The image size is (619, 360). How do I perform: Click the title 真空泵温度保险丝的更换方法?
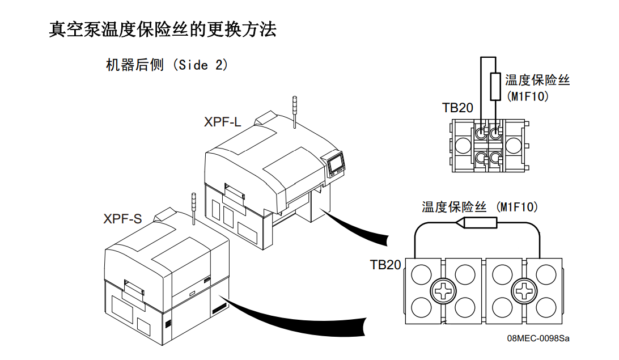pyautogui.click(x=163, y=29)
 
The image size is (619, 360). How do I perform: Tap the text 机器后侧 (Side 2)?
pyautogui.click(x=167, y=65)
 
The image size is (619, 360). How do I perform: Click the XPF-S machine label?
pyautogui.click(x=122, y=218)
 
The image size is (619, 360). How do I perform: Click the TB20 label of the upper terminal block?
pyautogui.click(x=457, y=108)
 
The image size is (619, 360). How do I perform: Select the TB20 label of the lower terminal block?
pyautogui.click(x=385, y=265)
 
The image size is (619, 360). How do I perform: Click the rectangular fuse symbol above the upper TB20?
pyautogui.click(x=495, y=87)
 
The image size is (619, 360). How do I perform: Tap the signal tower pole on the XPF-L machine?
pyautogui.click(x=295, y=111)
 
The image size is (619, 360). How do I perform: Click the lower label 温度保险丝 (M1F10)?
pyautogui.click(x=480, y=207)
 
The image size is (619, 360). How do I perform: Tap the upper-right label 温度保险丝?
pyautogui.click(x=537, y=80)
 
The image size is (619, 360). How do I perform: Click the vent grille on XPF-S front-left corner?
pyautogui.click(x=168, y=324)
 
